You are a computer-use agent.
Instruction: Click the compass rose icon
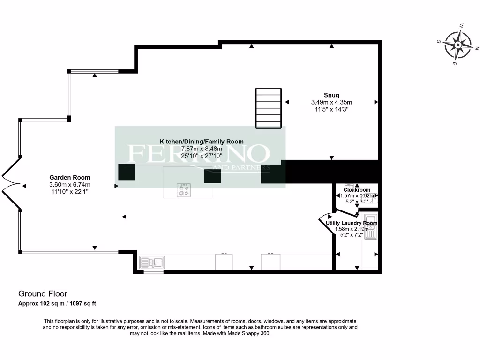pyautogui.click(x=457, y=45)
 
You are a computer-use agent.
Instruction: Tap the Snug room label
pyautogui.click(x=331, y=95)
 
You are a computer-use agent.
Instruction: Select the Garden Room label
pyautogui.click(x=70, y=178)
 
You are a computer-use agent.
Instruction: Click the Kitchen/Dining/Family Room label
pyautogui.click(x=202, y=142)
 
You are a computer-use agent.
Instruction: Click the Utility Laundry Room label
pyautogui.click(x=352, y=223)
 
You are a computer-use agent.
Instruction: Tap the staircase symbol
pyautogui.click(x=269, y=108)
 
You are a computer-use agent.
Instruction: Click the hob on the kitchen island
pyautogui.click(x=183, y=190)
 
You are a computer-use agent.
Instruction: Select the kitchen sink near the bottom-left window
pyautogui.click(x=150, y=262)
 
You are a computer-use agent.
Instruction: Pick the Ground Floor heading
pyautogui.click(x=43, y=294)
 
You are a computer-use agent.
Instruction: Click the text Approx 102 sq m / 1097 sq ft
pyautogui.click(x=57, y=304)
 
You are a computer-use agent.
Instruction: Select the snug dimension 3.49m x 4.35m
pyautogui.click(x=331, y=102)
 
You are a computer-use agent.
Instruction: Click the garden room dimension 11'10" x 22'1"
pyautogui.click(x=70, y=192)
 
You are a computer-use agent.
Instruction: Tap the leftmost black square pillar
pyautogui.click(x=127, y=172)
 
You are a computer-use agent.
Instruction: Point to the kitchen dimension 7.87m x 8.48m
pyautogui.click(x=202, y=149)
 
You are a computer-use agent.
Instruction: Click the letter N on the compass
pyautogui.click(x=477, y=48)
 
